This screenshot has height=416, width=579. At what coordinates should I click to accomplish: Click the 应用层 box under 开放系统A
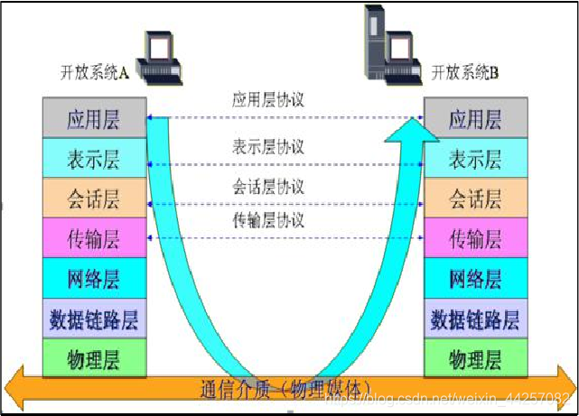[x=94, y=119]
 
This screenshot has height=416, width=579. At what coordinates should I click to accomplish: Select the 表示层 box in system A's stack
[x=94, y=160]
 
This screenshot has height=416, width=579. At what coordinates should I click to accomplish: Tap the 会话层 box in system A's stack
[x=94, y=199]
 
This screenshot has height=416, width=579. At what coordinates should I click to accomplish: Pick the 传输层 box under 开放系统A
[x=94, y=239]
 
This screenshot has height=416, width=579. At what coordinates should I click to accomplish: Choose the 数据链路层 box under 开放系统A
[x=94, y=319]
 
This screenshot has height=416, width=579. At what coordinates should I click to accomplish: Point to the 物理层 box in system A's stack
[x=94, y=360]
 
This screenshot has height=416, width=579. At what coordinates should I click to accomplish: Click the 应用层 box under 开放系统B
[x=475, y=119]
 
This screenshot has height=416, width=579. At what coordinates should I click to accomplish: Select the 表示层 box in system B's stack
[x=475, y=160]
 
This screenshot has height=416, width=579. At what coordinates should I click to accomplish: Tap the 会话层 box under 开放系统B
[x=475, y=199]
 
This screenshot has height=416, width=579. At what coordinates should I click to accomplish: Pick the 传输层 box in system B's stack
[x=475, y=239]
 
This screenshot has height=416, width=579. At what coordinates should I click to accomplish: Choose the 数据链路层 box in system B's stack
[x=475, y=319]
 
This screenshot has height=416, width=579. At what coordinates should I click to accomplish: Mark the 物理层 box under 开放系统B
[x=475, y=360]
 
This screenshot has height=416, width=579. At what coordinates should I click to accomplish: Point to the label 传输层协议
[x=268, y=220]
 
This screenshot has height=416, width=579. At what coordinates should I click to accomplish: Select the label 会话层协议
[x=268, y=187]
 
